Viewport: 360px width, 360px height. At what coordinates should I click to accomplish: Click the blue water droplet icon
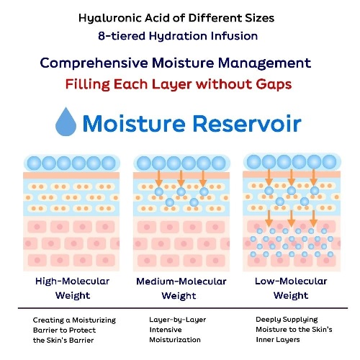click(x=66, y=122)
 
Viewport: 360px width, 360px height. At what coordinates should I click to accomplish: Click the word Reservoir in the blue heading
click(x=247, y=124)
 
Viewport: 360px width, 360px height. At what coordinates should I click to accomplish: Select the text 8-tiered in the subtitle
click(x=122, y=36)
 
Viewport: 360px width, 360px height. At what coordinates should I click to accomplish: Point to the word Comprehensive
click(x=94, y=63)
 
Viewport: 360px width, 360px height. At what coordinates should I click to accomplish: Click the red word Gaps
click(x=274, y=85)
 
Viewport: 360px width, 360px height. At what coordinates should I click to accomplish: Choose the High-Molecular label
click(x=72, y=281)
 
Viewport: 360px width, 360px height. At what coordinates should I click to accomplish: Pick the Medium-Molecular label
click(x=181, y=282)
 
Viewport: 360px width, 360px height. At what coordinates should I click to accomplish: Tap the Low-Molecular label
click(x=291, y=281)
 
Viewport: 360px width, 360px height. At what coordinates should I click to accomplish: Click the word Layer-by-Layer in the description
click(x=178, y=320)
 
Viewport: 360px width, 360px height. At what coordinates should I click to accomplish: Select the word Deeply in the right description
click(x=267, y=320)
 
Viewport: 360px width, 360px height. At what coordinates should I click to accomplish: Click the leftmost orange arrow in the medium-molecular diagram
click(x=158, y=179)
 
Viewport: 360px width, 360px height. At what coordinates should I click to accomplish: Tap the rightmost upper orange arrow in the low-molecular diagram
click(x=313, y=177)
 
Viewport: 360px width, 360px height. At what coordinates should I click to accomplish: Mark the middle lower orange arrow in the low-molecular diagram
click(x=291, y=219)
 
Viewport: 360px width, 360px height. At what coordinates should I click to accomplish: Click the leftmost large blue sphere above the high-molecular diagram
click(x=34, y=163)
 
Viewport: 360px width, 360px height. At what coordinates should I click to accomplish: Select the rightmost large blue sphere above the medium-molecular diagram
click(x=219, y=163)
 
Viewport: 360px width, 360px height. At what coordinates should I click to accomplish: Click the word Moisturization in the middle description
click(x=175, y=340)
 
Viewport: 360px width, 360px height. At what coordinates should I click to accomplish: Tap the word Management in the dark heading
click(x=264, y=63)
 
